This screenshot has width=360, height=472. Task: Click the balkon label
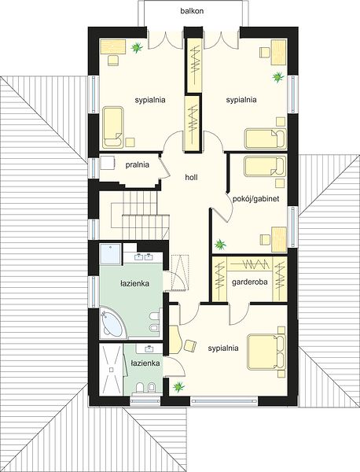(x=192, y=11)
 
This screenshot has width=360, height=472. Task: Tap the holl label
(x=191, y=177)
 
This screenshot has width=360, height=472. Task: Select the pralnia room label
(x=137, y=165)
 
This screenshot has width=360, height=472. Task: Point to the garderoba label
(x=250, y=282)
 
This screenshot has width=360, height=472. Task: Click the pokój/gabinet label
(x=256, y=199)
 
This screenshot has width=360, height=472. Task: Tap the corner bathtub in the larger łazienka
(x=112, y=323)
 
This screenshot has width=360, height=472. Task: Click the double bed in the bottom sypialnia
(x=266, y=352)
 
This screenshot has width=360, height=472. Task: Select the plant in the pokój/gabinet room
(x=220, y=244)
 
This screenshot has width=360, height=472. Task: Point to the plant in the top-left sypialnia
(x=137, y=47)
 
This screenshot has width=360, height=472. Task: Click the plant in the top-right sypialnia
(x=278, y=77)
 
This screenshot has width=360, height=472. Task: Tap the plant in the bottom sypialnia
(x=178, y=386)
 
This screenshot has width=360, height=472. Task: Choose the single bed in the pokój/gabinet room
(x=265, y=166)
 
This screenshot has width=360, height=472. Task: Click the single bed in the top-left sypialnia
(x=112, y=127)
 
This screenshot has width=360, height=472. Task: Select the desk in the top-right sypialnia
(x=278, y=52)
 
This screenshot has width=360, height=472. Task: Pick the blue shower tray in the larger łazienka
(x=110, y=254)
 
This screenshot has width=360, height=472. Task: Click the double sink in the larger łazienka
(x=143, y=258)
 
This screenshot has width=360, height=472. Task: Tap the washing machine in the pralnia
(x=107, y=164)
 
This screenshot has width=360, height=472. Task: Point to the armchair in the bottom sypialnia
(x=189, y=345)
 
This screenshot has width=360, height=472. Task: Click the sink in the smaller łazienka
(x=149, y=348)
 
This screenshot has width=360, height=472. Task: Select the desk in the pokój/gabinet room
(x=278, y=239)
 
